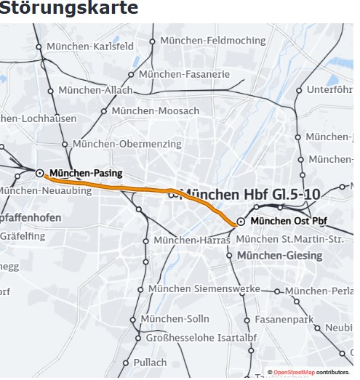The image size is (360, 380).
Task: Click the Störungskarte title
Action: [x=69, y=9]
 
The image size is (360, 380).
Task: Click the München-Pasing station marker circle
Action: [x=40, y=173]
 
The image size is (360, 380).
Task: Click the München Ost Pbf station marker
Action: [x=240, y=221]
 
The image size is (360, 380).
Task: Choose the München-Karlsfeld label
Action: [x=89, y=47]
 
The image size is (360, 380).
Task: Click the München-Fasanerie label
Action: [x=184, y=74]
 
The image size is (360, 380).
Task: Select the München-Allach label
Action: [x=95, y=90]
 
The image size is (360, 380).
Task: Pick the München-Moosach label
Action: [x=154, y=110]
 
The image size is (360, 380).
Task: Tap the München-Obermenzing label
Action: [x=127, y=144]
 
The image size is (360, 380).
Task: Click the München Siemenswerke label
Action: [x=204, y=288]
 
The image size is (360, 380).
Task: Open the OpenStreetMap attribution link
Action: [x=294, y=373]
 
